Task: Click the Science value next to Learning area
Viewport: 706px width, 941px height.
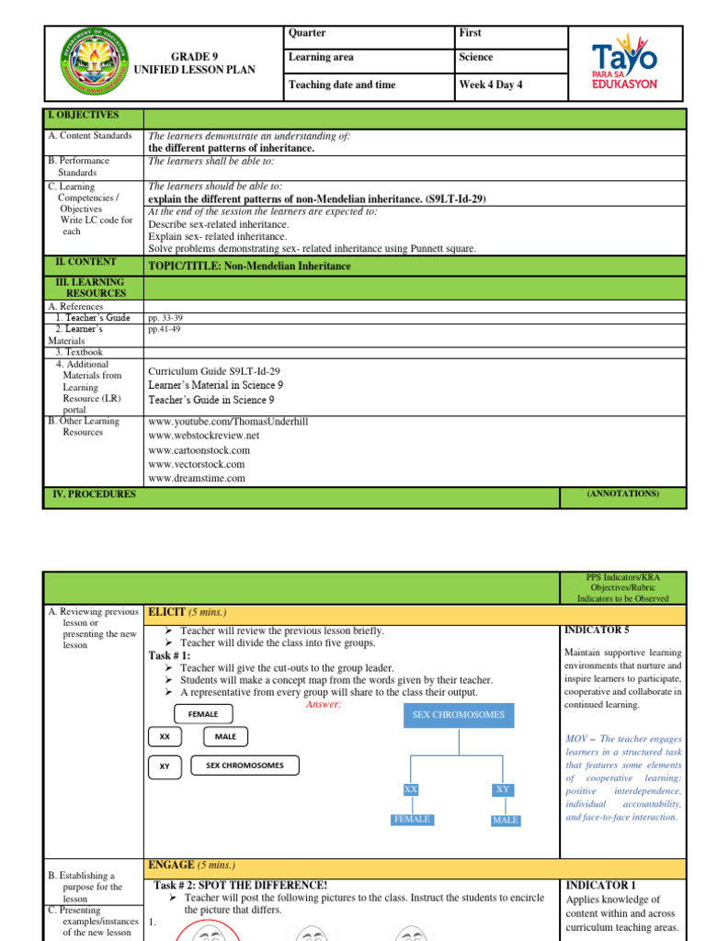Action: coord(475,57)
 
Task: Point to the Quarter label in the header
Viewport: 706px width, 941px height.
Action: coord(307,33)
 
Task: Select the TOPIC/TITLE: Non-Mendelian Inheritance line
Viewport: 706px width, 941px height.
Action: coord(249,266)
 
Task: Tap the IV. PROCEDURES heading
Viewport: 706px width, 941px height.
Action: coord(91,494)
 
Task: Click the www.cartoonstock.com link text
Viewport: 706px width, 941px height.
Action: coord(199,450)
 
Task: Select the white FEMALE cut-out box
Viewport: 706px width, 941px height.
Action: coord(202,714)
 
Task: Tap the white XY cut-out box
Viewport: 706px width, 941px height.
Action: coord(165,765)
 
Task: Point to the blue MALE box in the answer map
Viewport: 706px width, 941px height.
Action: coord(505,820)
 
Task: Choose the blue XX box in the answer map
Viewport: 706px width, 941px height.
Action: coord(410,789)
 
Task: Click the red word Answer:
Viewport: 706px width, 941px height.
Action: coord(323,704)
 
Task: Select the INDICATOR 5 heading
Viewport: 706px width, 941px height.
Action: coord(595,630)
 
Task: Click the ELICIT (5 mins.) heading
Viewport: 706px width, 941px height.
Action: coord(188,613)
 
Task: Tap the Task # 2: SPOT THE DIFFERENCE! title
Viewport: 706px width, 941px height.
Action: coord(241,885)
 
